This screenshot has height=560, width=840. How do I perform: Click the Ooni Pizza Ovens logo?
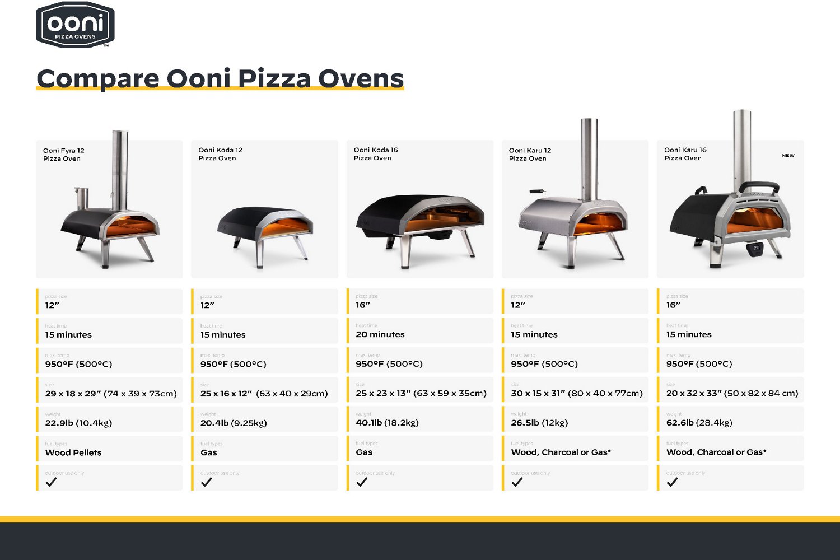75,25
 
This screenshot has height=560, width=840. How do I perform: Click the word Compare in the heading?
98,78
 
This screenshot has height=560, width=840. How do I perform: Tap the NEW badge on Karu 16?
788,156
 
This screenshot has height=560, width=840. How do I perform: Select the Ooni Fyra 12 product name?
63,155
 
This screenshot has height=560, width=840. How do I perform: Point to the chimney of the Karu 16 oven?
742,146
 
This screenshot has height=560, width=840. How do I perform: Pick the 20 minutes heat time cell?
380,334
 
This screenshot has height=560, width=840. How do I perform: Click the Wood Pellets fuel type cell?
73,452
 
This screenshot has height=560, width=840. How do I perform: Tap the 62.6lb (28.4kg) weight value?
699,423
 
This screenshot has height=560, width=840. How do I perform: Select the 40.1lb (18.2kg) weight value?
387,423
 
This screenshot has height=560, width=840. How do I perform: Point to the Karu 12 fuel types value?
561,452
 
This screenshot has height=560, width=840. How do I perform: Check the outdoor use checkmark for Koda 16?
362,482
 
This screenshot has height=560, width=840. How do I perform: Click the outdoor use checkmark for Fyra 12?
51,482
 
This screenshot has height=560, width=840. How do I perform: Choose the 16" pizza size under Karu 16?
673,305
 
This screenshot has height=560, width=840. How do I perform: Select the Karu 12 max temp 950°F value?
544,364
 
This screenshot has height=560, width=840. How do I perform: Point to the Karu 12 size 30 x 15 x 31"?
576,394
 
